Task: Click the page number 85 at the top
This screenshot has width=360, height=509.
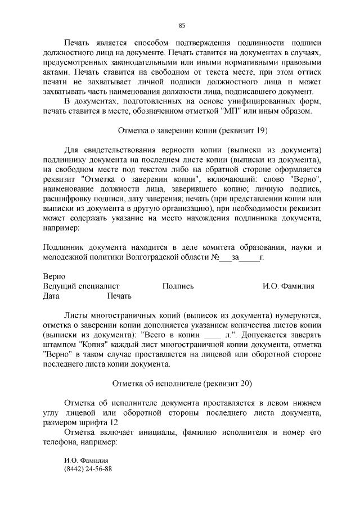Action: click(x=182, y=25)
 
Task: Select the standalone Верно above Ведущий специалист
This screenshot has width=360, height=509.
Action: click(x=54, y=277)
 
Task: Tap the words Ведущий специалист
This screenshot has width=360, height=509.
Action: click(x=81, y=286)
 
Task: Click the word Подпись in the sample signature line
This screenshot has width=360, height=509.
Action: click(x=178, y=286)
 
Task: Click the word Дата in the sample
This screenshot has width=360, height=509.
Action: click(x=51, y=296)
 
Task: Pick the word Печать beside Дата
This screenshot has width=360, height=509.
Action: click(x=119, y=296)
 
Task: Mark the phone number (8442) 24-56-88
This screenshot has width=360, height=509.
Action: click(x=88, y=469)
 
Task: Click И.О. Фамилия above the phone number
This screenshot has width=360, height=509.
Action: click(x=86, y=460)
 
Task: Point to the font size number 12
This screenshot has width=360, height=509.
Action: click(x=114, y=423)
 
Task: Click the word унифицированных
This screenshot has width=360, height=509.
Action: click(x=255, y=101)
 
